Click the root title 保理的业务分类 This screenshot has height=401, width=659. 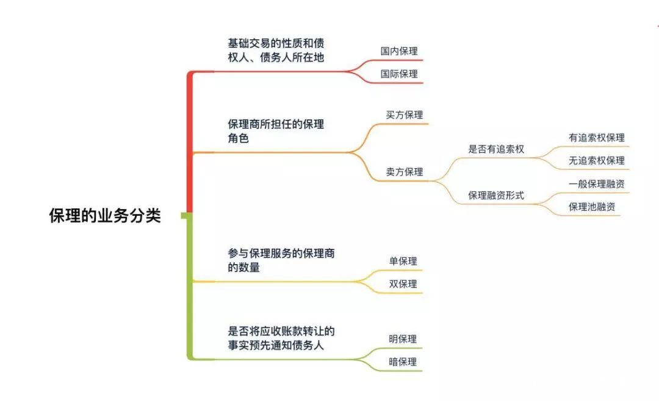pyautogui.click(x=105, y=216)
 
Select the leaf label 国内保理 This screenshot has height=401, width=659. pyautogui.click(x=399, y=51)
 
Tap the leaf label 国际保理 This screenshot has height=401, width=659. pyautogui.click(x=399, y=74)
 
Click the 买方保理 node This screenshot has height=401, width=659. pyautogui.click(x=404, y=115)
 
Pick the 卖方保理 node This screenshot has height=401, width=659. pyautogui.click(x=404, y=172)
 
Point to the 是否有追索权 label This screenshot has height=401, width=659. pyautogui.click(x=495, y=149)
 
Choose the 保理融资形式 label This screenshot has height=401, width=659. pyautogui.click(x=495, y=196)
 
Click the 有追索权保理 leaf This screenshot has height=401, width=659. pyautogui.click(x=596, y=138)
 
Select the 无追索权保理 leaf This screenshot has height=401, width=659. pyautogui.click(x=596, y=160)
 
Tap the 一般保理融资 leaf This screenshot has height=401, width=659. pyautogui.click(x=596, y=184)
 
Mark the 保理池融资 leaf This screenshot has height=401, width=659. pyautogui.click(x=592, y=207)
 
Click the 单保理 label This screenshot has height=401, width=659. pyautogui.click(x=403, y=261)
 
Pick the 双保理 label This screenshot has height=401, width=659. pyautogui.click(x=403, y=284)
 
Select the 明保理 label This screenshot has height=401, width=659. pyautogui.click(x=403, y=339)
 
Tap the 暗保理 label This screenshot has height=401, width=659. pyautogui.click(x=403, y=361)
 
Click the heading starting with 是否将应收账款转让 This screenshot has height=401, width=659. pyautogui.click(x=281, y=338)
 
